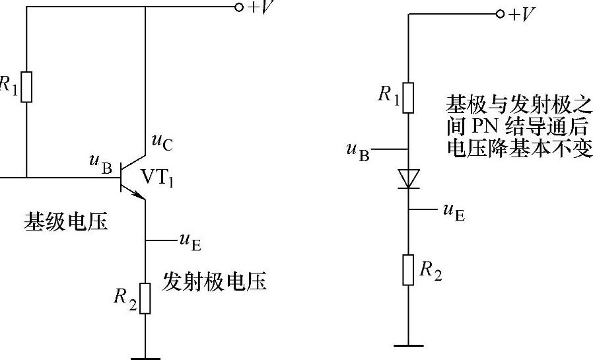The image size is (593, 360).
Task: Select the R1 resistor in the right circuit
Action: [x=409, y=97]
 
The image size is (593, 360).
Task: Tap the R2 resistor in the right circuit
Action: [x=409, y=270]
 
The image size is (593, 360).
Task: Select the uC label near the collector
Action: [x=162, y=141]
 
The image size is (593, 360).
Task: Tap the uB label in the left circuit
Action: [x=101, y=164]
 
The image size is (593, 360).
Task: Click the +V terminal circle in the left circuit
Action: [x=239, y=8]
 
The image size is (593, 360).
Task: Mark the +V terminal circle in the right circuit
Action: [x=500, y=14]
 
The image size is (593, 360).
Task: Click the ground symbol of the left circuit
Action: [x=145, y=357]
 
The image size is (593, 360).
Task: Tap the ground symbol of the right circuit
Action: [x=409, y=344]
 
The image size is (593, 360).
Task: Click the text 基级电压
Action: [x=66, y=221]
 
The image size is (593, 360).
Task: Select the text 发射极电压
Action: [x=215, y=282]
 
